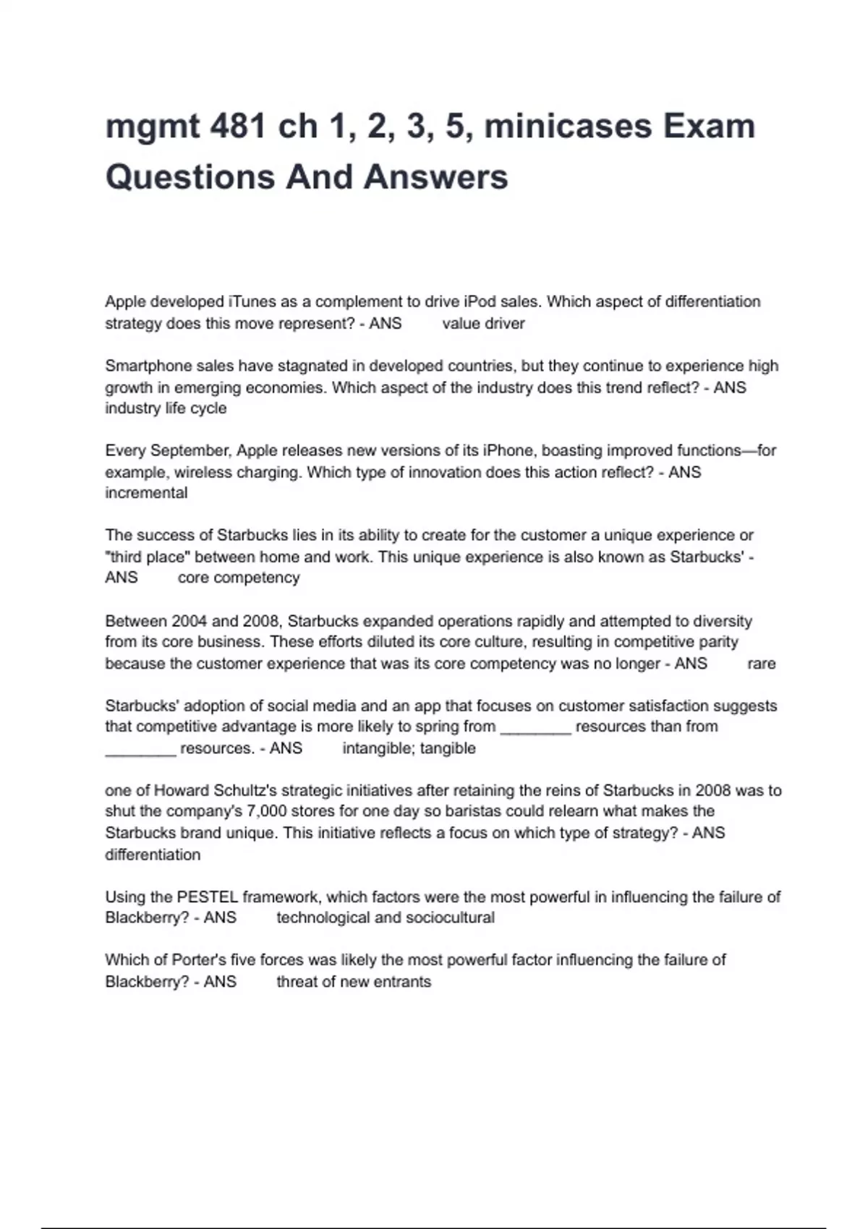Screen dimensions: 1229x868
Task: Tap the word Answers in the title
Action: (436, 177)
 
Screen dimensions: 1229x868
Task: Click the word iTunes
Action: (250, 301)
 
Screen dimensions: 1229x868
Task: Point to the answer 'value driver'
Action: (483, 323)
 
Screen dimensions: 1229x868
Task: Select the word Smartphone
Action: (147, 366)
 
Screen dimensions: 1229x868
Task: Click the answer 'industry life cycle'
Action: (166, 408)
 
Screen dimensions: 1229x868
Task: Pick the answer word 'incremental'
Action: (146, 493)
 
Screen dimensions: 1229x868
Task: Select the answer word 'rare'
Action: (761, 664)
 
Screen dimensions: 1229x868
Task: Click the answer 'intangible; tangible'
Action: (409, 748)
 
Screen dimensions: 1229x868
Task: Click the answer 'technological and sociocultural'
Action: (386, 918)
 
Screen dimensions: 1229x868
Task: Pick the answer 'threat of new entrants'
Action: (354, 982)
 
